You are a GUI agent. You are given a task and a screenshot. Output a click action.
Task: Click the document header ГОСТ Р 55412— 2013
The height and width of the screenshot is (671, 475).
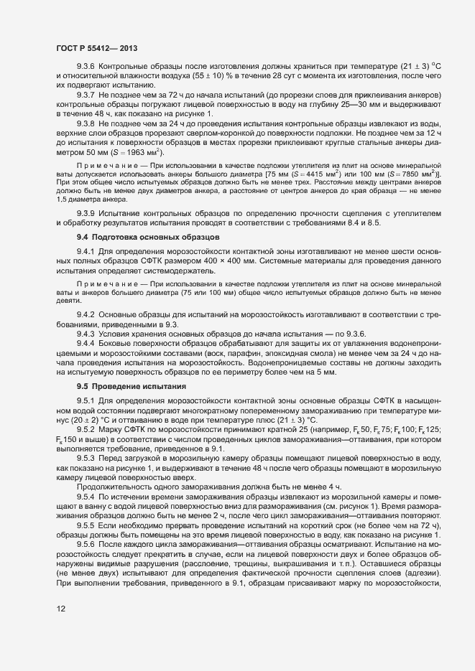pos(97,48)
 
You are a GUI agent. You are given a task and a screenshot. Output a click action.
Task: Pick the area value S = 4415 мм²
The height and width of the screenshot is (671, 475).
pos(308,174)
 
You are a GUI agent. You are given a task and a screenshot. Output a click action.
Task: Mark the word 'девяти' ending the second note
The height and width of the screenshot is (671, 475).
pos(68,302)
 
